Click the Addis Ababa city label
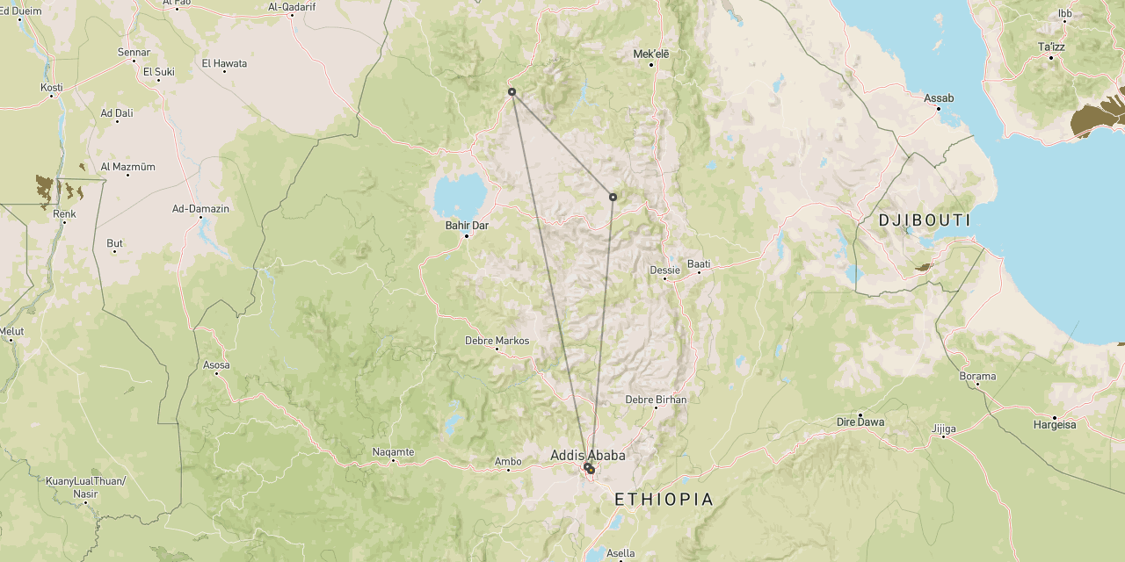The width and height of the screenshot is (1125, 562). click(587, 455)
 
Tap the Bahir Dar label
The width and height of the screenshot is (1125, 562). click(466, 226)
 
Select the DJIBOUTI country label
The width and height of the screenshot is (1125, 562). click(925, 220)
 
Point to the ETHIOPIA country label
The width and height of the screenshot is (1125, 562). click(664, 500)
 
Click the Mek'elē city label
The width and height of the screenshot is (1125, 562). click(651, 54)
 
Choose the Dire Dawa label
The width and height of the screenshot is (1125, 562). click(860, 422)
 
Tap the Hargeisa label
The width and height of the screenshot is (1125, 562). click(1055, 425)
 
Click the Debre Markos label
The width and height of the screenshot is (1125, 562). click(497, 341)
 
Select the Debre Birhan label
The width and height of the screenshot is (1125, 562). click(656, 400)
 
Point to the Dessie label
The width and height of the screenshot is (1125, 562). click(664, 270)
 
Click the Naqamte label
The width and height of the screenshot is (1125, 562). click(393, 452)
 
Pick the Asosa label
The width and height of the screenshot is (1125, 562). click(216, 365)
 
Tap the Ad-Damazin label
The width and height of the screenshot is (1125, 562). click(200, 209)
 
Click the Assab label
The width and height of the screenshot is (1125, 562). click(939, 98)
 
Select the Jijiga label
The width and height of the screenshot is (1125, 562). click(943, 429)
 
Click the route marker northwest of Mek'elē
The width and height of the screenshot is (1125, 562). click(512, 91)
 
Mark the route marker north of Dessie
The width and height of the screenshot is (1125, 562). click(613, 197)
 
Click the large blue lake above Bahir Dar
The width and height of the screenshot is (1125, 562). click(459, 192)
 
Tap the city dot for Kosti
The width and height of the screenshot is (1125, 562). click(52, 96)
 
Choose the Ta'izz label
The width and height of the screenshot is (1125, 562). click(1051, 47)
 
